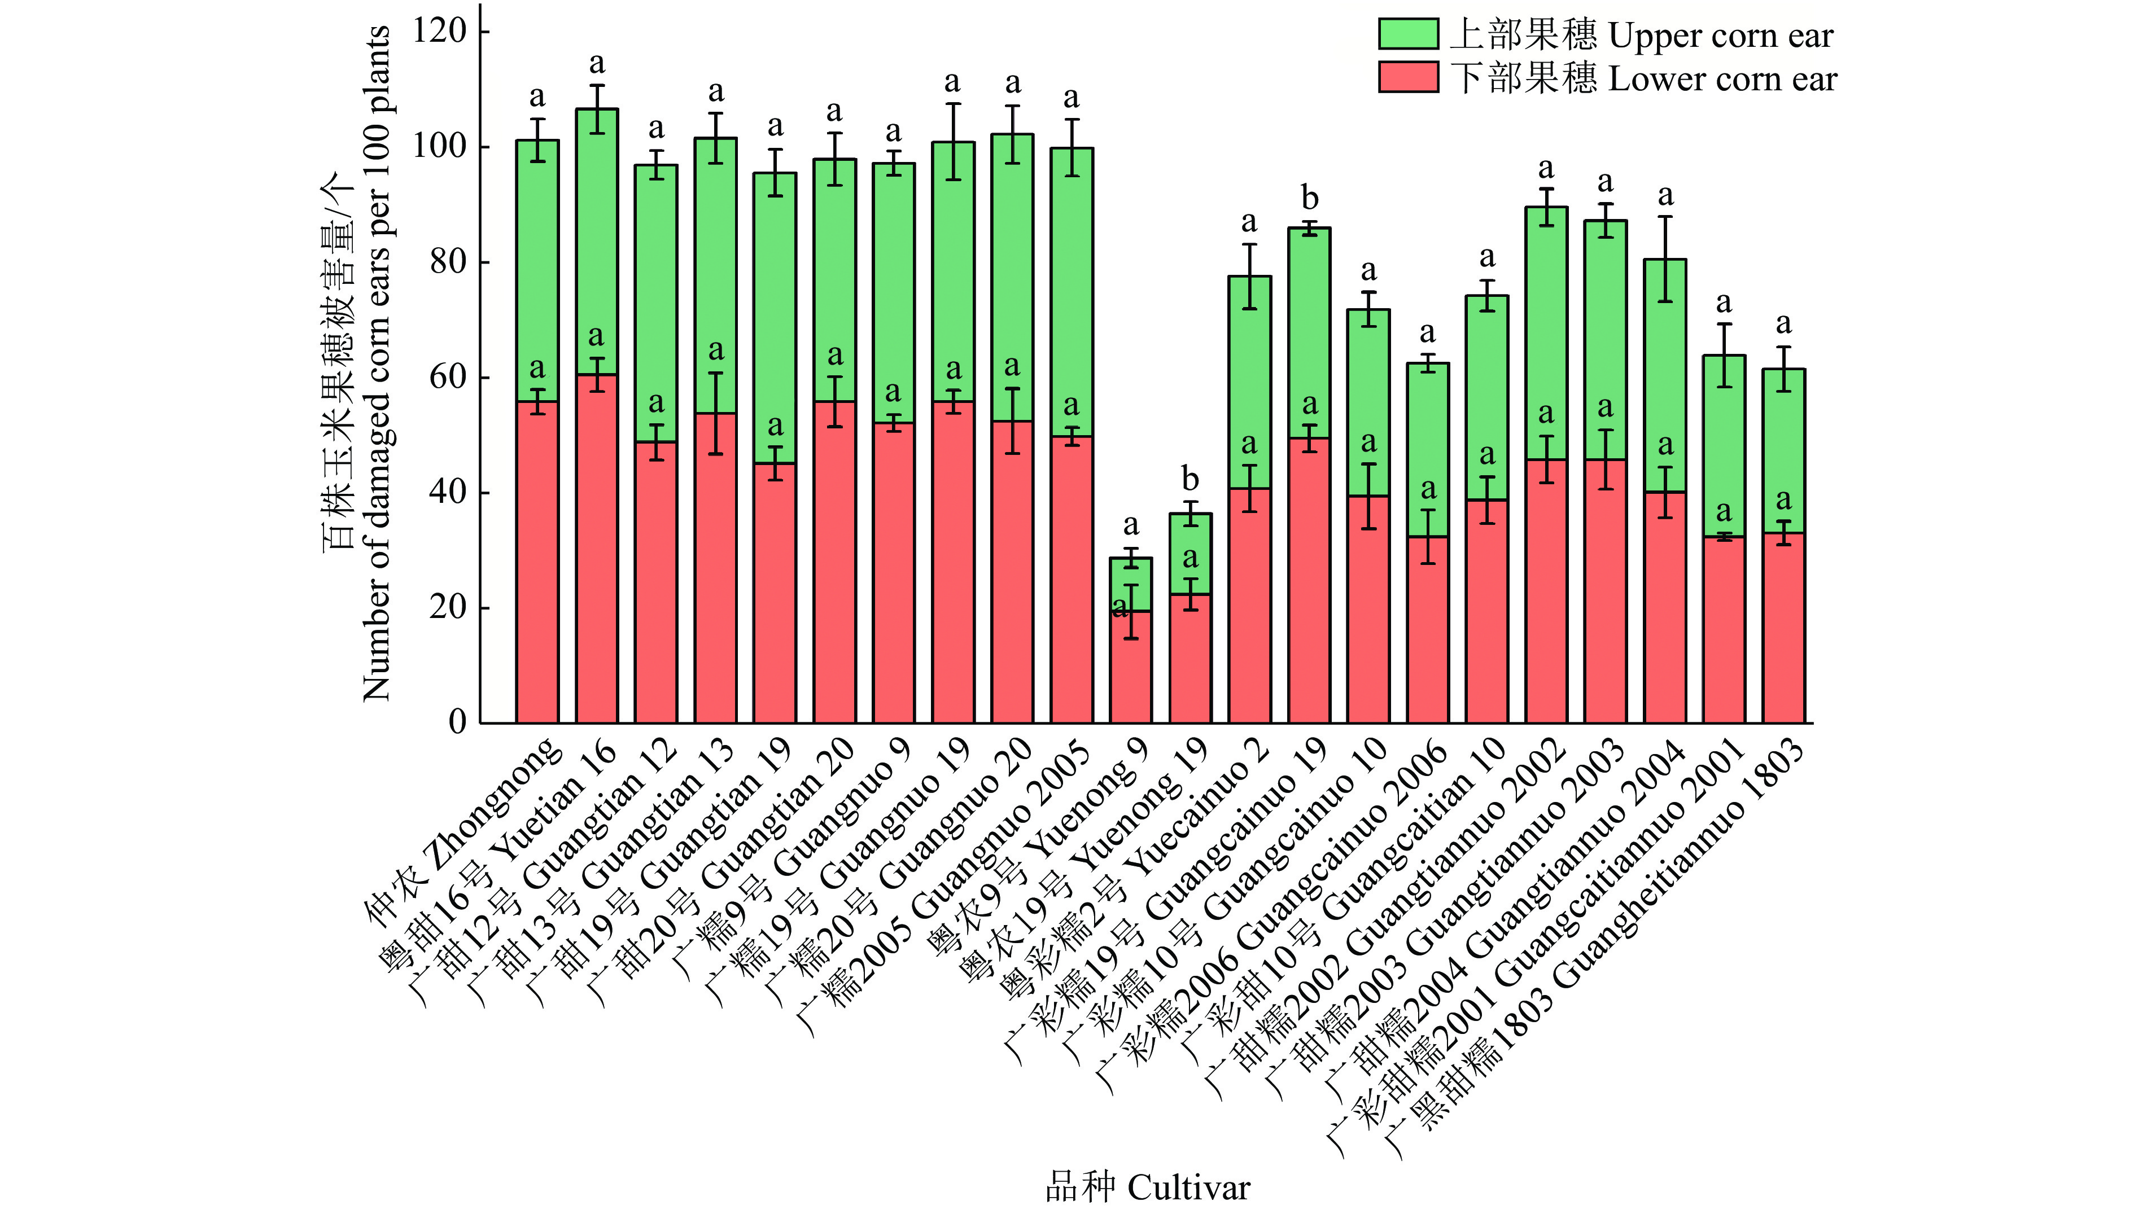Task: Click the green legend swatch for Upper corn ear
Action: click(1407, 34)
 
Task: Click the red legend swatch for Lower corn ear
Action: click(1407, 77)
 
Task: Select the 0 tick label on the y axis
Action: click(457, 722)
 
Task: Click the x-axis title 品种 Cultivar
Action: click(1148, 1186)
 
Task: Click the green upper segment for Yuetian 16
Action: click(596, 242)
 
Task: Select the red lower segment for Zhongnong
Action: click(537, 563)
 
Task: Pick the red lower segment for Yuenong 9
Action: click(1130, 667)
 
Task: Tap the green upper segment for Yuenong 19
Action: click(1190, 554)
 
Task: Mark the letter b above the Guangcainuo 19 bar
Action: click(1309, 199)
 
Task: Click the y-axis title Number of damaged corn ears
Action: click(376, 363)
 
